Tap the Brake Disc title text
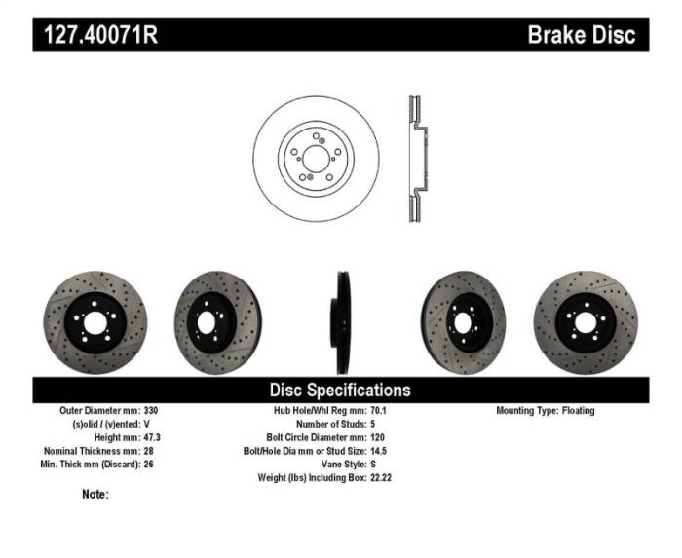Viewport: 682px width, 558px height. pyautogui.click(x=581, y=36)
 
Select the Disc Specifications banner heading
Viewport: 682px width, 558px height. pyautogui.click(x=340, y=390)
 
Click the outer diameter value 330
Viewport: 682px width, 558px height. pyautogui.click(x=150, y=411)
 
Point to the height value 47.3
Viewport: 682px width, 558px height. pyautogui.click(x=152, y=438)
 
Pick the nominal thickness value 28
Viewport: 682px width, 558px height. pyautogui.click(x=148, y=451)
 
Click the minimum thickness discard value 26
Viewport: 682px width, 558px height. pyautogui.click(x=148, y=465)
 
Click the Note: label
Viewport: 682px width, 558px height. pyautogui.click(x=95, y=495)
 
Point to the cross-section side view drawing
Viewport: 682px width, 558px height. pyautogui.click(x=413, y=158)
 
